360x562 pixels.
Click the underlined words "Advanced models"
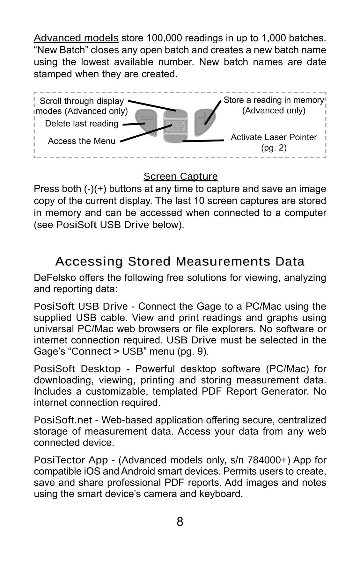tap(76, 38)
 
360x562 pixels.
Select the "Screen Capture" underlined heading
tap(180, 176)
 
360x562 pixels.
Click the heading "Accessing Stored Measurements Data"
tap(180, 261)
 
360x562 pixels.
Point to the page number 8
tap(180, 522)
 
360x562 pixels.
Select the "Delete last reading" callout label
tap(82, 124)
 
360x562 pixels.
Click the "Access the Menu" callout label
tap(82, 141)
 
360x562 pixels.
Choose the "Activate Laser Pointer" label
tap(274, 137)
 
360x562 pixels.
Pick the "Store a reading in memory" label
tap(274, 100)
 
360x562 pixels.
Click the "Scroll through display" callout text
tap(82, 101)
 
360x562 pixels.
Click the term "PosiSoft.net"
tap(63, 420)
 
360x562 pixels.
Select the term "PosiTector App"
tap(71, 460)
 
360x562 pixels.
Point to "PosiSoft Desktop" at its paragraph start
tap(77, 369)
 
